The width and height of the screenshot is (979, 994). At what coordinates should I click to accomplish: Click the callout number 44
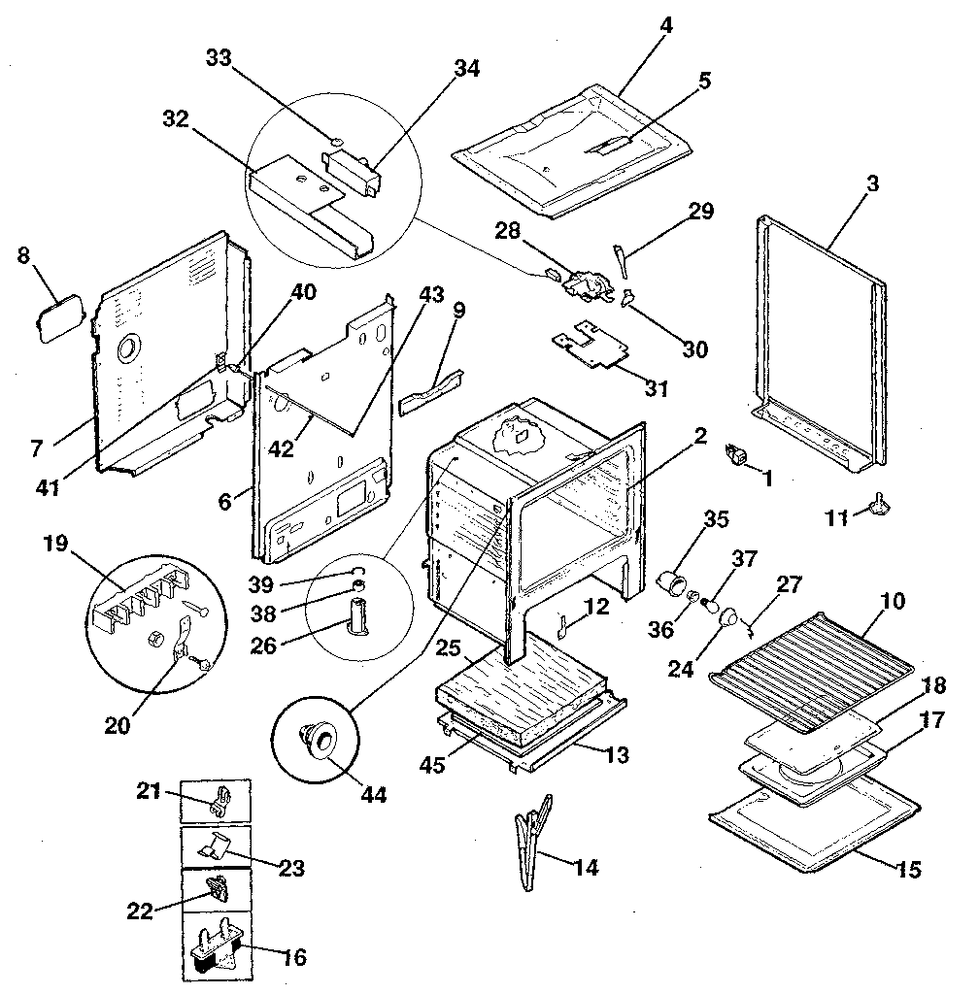point(373,795)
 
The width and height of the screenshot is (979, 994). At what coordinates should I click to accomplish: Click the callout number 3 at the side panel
point(872,184)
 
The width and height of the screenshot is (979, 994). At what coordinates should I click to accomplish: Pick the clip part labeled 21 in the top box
point(221,801)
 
